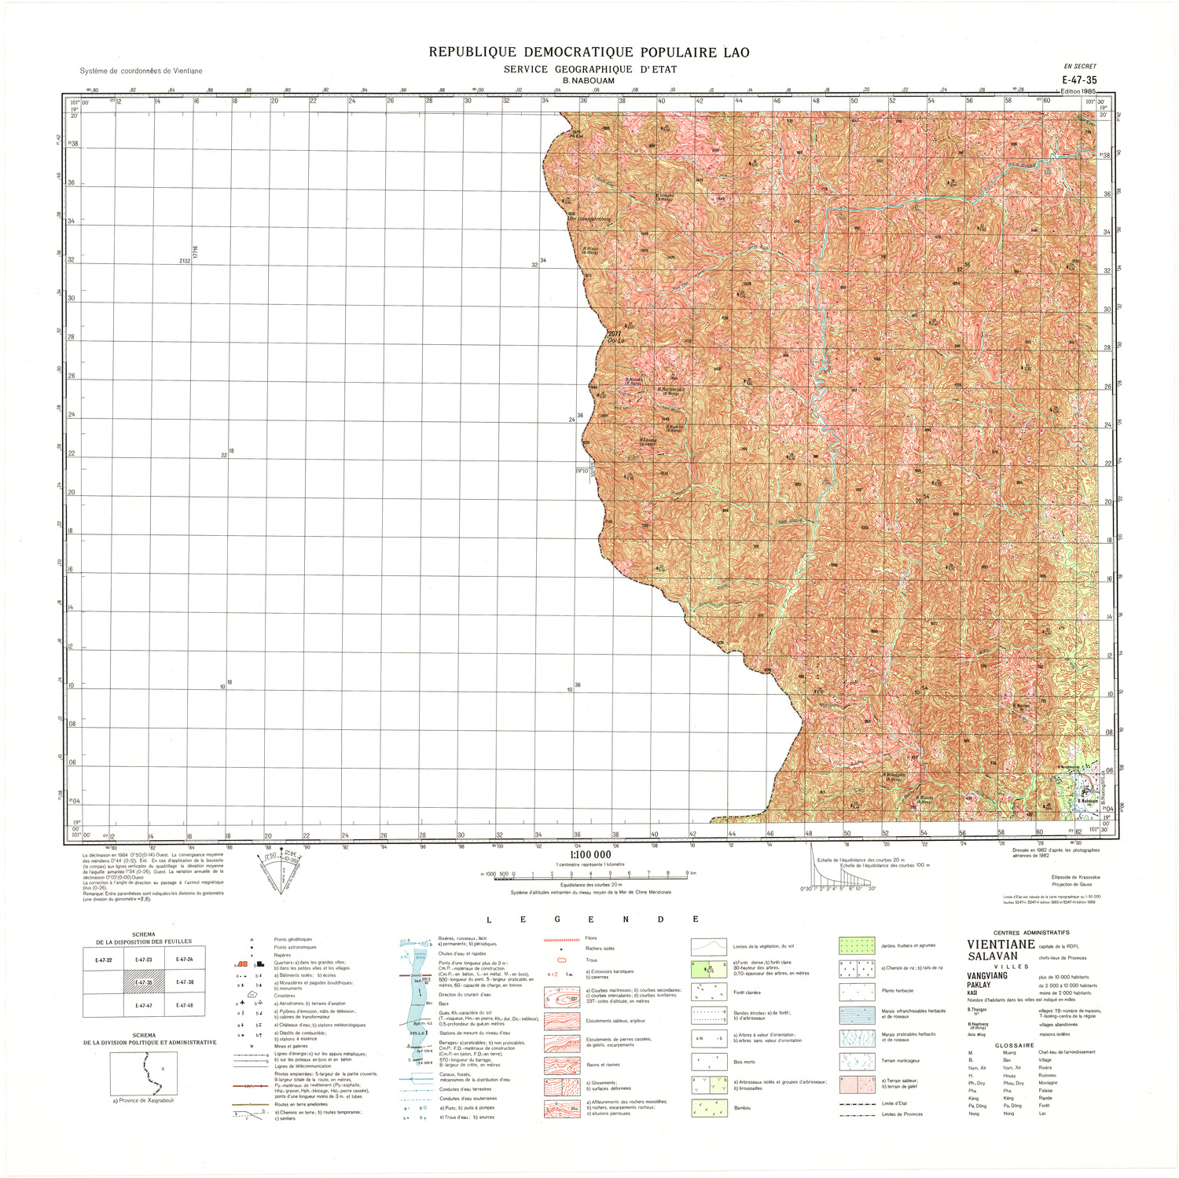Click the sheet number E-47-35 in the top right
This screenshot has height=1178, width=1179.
pyautogui.click(x=1079, y=79)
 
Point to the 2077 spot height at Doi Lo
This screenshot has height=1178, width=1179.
pyautogui.click(x=615, y=334)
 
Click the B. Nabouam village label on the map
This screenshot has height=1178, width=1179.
pyautogui.click(x=1087, y=801)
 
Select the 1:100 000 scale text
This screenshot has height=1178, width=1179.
pyautogui.click(x=589, y=854)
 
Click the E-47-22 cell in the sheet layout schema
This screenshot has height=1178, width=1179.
pyautogui.click(x=103, y=960)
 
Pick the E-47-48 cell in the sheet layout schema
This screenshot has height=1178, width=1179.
pyautogui.click(x=185, y=1005)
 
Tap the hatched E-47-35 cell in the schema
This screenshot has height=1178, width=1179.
pyautogui.click(x=144, y=982)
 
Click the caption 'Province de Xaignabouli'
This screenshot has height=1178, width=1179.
pyautogui.click(x=144, y=1100)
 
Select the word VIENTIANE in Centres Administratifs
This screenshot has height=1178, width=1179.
pyautogui.click(x=1001, y=945)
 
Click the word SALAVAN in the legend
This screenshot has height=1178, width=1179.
pyautogui.click(x=992, y=956)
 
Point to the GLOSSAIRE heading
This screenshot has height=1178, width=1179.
pyautogui.click(x=1014, y=1045)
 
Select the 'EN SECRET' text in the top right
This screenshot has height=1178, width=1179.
pyautogui.click(x=1079, y=67)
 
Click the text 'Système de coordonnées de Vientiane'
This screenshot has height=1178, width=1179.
pyautogui.click(x=141, y=71)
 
